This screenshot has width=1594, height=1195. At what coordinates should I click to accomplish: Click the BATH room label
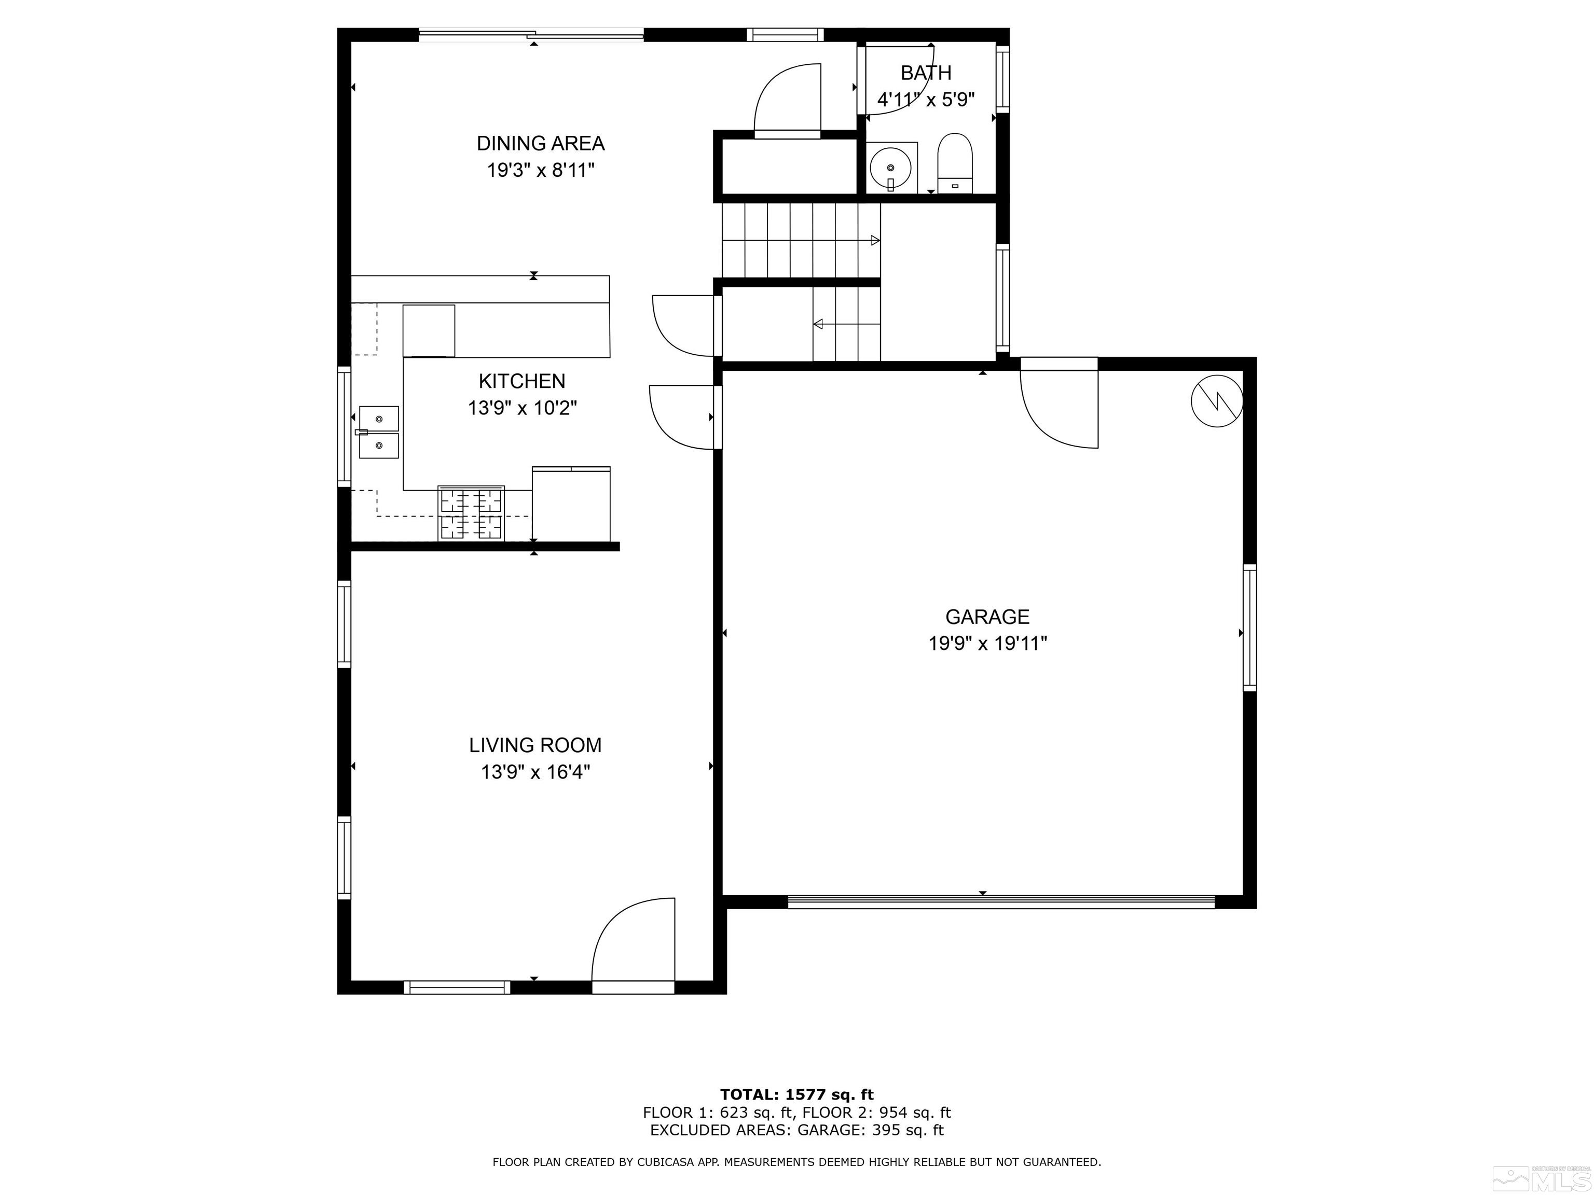coord(926,73)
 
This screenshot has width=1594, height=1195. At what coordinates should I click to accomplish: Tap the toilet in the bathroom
coord(955,163)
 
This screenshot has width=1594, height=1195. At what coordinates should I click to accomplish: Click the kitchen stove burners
coord(471,513)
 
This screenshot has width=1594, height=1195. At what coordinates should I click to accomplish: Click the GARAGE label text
coord(987,617)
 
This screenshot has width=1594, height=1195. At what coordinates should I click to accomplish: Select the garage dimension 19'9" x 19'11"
coord(987,643)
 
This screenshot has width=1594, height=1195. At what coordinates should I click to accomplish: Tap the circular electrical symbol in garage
coord(1217,401)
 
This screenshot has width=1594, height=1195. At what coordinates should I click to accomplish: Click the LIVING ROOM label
coord(535,745)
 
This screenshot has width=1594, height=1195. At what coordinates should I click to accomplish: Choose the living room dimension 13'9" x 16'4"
coord(535,772)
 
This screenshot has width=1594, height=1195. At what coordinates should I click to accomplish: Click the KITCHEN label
coord(523,381)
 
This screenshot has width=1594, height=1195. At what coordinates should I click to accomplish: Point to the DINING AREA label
coord(541,143)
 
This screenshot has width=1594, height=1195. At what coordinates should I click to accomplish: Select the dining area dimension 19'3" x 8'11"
coord(541,171)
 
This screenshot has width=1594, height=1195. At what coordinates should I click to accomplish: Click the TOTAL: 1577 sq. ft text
coord(797,1095)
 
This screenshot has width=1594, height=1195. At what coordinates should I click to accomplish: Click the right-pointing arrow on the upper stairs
coord(875,240)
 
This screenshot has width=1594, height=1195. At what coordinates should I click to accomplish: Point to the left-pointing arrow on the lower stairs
coord(818,324)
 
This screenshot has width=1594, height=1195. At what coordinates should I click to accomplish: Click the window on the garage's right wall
coord(1249,628)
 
